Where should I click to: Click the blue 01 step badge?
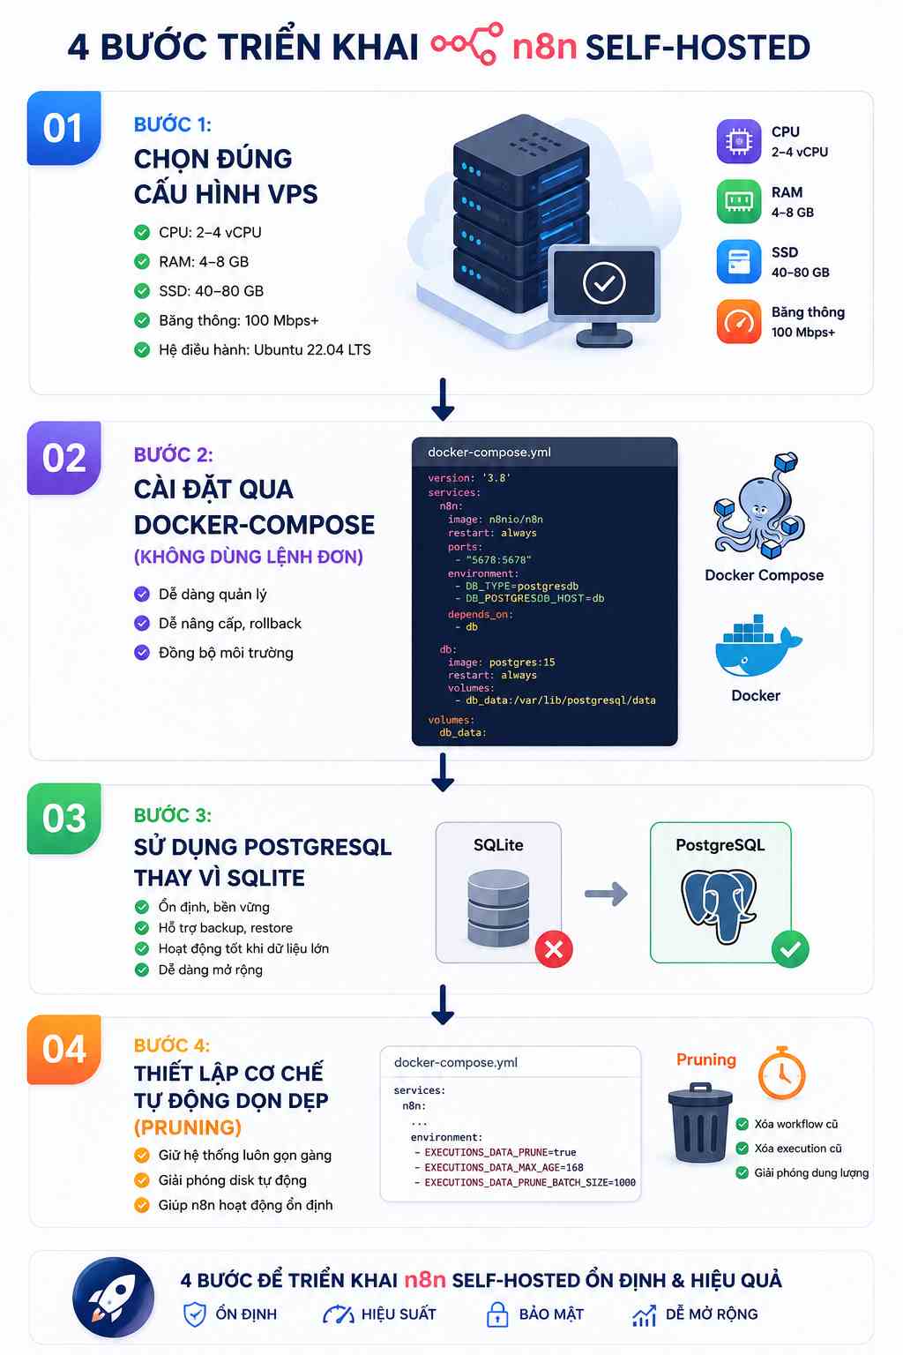pyautogui.click(x=64, y=128)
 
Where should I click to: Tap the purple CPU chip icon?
pyautogui.click(x=738, y=141)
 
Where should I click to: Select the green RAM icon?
pyautogui.click(x=738, y=201)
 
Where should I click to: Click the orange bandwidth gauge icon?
pyautogui.click(x=738, y=321)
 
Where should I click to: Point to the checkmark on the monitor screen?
pyautogui.click(x=603, y=283)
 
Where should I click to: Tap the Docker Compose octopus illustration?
pyautogui.click(x=758, y=505)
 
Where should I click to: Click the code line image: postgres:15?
pyautogui.click(x=502, y=663)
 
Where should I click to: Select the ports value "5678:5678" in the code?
pyautogui.click(x=498, y=559)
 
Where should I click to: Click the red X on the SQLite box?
pyautogui.click(x=554, y=949)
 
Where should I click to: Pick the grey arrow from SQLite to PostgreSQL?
pyautogui.click(x=606, y=894)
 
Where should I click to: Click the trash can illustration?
pyautogui.click(x=700, y=1123)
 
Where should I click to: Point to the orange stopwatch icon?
pyautogui.click(x=781, y=1073)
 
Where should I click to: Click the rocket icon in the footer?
pyautogui.click(x=113, y=1298)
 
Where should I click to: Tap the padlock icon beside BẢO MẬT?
pyautogui.click(x=497, y=1314)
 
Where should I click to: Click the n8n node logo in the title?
pyautogui.click(x=466, y=43)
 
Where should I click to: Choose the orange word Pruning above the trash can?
pyautogui.click(x=705, y=1059)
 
